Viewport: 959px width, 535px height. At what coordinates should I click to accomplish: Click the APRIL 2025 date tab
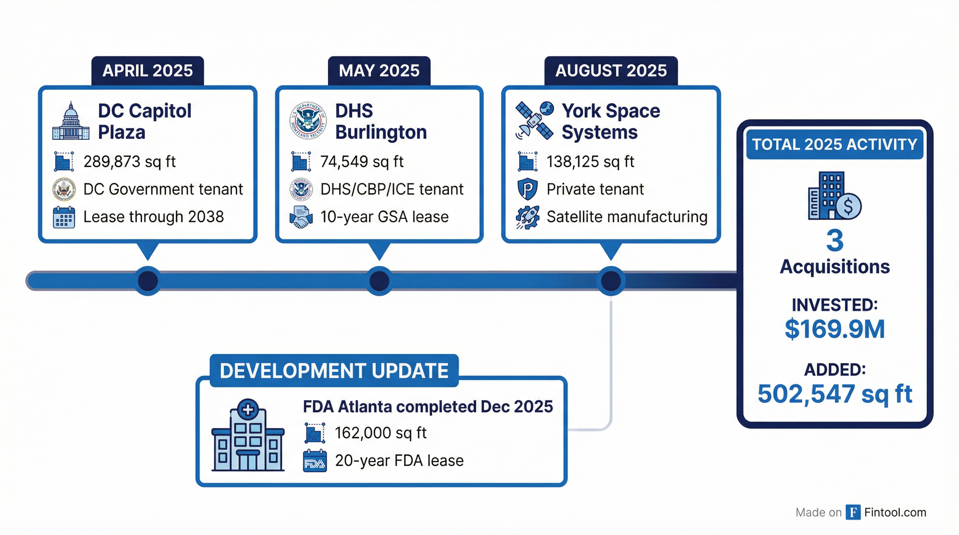pos(147,71)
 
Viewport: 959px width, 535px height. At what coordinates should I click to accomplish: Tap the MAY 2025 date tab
pos(379,71)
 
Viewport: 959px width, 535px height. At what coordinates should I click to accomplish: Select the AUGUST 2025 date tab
pos(611,71)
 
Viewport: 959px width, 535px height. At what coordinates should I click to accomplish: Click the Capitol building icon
pos(71,121)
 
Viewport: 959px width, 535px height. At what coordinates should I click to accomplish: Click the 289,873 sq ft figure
pos(129,162)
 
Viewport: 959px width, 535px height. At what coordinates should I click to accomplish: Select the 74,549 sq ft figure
pos(361,162)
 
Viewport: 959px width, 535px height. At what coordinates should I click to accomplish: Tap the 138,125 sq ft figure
pos(590,162)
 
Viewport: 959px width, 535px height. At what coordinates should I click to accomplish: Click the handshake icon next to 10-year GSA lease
pos(301,217)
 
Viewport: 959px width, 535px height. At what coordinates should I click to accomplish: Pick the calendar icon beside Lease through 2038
pos(64,217)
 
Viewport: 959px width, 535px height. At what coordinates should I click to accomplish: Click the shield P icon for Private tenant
pos(527,189)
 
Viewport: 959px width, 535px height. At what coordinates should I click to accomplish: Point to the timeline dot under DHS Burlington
pos(379,281)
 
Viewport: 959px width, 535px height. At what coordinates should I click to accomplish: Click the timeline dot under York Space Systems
pos(611,281)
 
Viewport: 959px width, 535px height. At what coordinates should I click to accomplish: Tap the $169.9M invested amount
pos(835,329)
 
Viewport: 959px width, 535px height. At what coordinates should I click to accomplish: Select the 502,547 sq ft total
pos(835,394)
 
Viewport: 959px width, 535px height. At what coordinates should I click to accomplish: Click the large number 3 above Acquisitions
pos(835,241)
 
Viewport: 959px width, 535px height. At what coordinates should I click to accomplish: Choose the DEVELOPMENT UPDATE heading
pos(334,371)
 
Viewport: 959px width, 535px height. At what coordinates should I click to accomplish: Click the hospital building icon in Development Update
pos(248,435)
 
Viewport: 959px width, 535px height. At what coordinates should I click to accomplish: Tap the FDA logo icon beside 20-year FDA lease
pos(315,462)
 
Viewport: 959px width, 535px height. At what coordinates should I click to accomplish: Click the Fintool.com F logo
pos(853,512)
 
